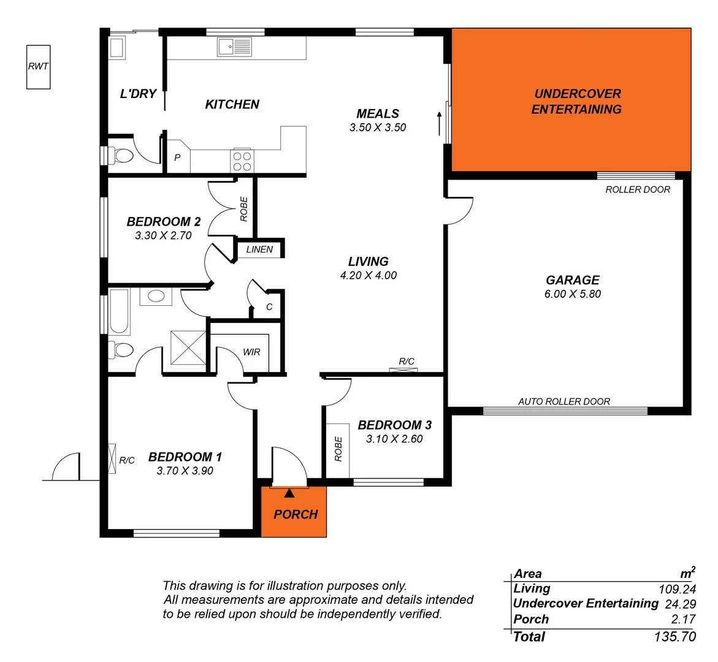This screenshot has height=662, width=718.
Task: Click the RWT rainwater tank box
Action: pos(38,67)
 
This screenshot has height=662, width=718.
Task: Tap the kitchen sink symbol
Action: pos(234,47)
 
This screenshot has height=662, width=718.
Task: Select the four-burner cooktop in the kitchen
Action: pos(242,161)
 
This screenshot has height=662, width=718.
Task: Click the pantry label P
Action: pos(177,158)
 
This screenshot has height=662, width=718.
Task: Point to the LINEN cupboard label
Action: pos(259,249)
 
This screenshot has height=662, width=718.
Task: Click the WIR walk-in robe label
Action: pos(251,352)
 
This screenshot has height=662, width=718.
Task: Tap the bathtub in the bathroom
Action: pos(120,312)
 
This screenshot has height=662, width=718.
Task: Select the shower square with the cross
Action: pos(188,348)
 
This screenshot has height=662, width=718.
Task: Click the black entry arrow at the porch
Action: pos(289,492)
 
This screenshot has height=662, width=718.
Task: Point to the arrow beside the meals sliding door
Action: pos(439,123)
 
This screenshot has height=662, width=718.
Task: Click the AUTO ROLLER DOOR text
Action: pos(564,401)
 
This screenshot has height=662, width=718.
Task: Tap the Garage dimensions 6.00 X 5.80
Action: pos(572,294)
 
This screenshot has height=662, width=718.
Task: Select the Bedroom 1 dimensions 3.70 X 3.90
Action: pos(185,471)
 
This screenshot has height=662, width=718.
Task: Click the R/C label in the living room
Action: pos(407,361)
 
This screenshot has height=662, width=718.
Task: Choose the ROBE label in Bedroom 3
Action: pos(338,449)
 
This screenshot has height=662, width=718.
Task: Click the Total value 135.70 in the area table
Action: pos(674,637)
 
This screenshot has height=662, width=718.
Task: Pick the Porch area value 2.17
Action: pos(683,619)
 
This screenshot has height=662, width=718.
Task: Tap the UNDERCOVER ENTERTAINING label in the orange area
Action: pos(576,102)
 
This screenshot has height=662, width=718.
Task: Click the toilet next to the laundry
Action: pos(122,156)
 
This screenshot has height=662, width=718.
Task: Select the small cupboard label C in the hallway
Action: pos(269,307)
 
